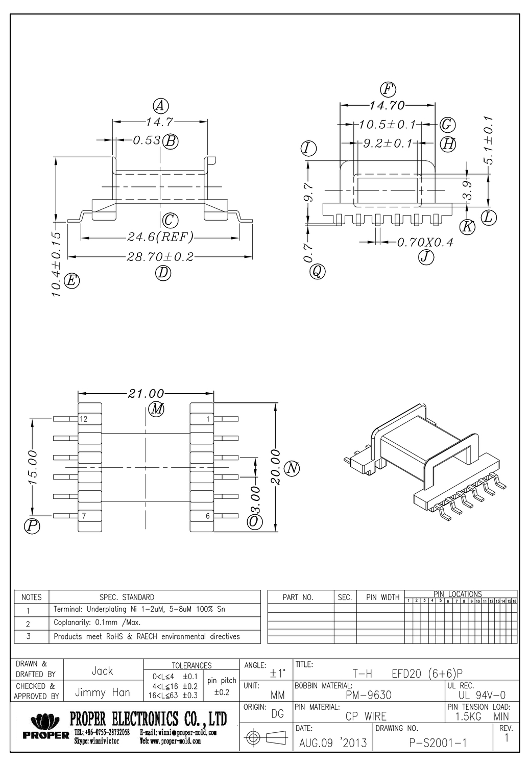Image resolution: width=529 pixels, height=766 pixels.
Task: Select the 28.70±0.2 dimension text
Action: click(x=160, y=257)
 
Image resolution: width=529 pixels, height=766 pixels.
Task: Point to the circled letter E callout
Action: click(x=71, y=280)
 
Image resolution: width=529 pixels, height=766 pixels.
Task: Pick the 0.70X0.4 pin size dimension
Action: click(x=425, y=242)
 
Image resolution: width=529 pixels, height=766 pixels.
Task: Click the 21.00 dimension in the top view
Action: click(x=146, y=393)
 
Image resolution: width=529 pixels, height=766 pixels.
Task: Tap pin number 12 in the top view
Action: click(x=84, y=419)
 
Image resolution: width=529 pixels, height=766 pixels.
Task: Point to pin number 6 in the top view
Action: click(x=208, y=516)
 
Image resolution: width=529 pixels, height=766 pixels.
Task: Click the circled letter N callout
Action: click(x=292, y=468)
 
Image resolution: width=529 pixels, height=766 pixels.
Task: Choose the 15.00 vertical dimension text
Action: click(x=33, y=467)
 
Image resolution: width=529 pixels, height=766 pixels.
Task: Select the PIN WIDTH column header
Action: click(x=382, y=597)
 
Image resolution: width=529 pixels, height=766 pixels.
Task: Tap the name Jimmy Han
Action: click(x=103, y=692)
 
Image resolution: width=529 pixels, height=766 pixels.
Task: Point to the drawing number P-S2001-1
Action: click(x=438, y=743)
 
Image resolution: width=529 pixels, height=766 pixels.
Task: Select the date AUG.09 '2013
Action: click(x=333, y=743)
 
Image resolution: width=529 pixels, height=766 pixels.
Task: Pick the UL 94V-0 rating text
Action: click(x=482, y=695)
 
